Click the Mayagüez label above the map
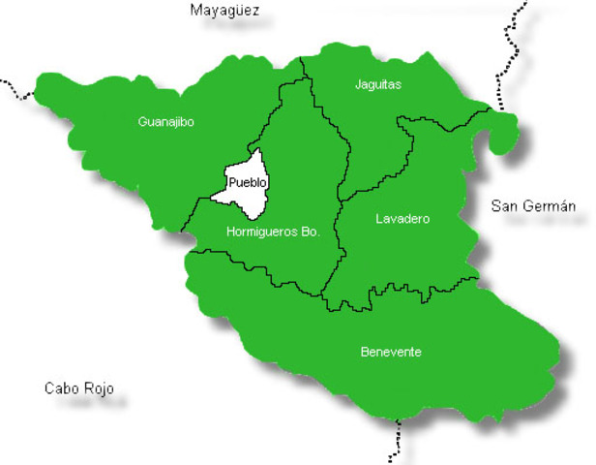pos(225,12)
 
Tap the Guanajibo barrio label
pos(166,122)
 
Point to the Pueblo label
pos(247,181)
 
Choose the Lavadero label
pos(402,219)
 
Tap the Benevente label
pos(390,352)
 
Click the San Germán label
pos(533,205)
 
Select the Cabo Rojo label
pos(79,388)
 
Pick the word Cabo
pos(62,388)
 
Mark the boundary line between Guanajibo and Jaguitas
pos(303,69)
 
